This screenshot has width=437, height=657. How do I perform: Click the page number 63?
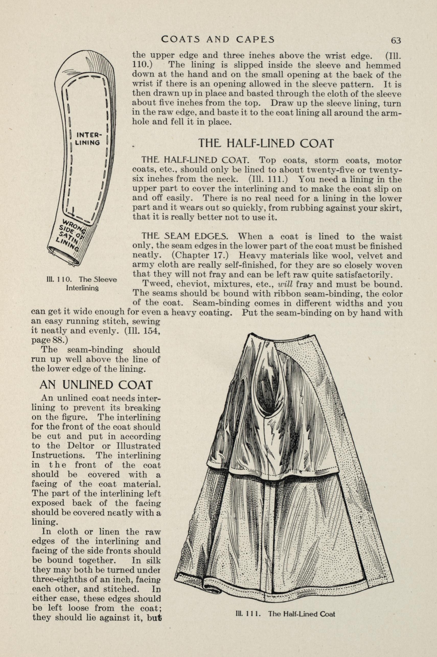[x=396, y=41]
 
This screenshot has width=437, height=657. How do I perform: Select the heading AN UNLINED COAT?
[x=96, y=385]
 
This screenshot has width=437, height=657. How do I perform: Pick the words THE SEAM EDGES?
[x=186, y=237]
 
